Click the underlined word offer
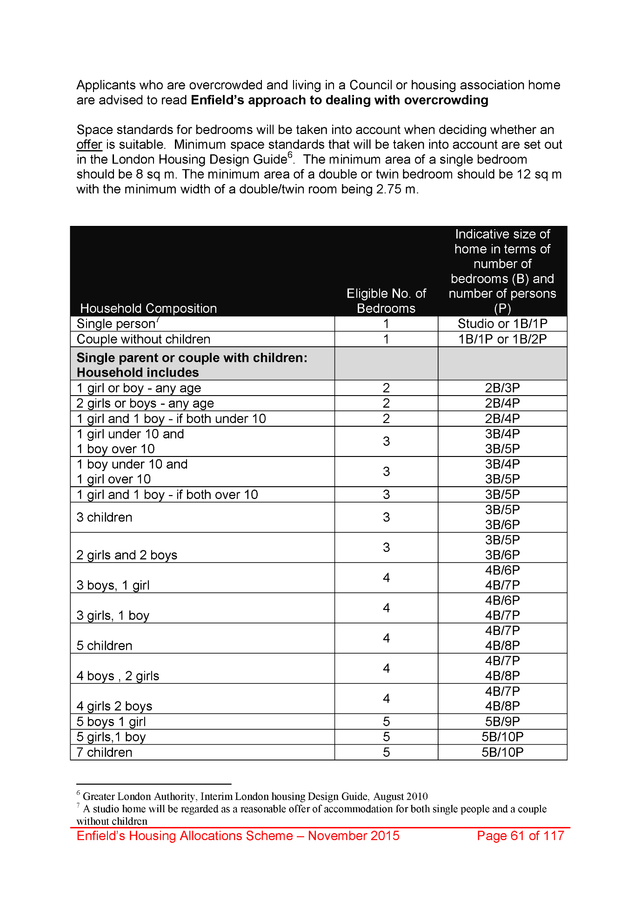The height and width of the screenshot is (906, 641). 89,145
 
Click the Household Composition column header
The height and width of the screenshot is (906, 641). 148,308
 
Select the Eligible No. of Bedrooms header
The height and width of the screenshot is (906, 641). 386,301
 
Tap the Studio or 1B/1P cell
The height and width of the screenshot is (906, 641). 502,324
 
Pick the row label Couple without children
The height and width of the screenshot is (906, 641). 143,339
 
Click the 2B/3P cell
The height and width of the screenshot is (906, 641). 502,388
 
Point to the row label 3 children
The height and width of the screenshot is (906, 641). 104,517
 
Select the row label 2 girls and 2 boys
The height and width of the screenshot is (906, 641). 127,555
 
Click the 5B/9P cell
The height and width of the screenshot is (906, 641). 502,721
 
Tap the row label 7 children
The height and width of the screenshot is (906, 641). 104,752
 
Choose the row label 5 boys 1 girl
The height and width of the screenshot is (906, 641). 111,721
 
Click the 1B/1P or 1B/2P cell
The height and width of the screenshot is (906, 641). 502,339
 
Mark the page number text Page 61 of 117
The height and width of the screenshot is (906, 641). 520,836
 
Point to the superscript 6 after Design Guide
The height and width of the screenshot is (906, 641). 290,155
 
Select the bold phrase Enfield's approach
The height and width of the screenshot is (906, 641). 246,100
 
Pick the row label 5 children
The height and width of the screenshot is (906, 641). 104,646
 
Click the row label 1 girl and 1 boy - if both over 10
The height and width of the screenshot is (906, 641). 167,495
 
